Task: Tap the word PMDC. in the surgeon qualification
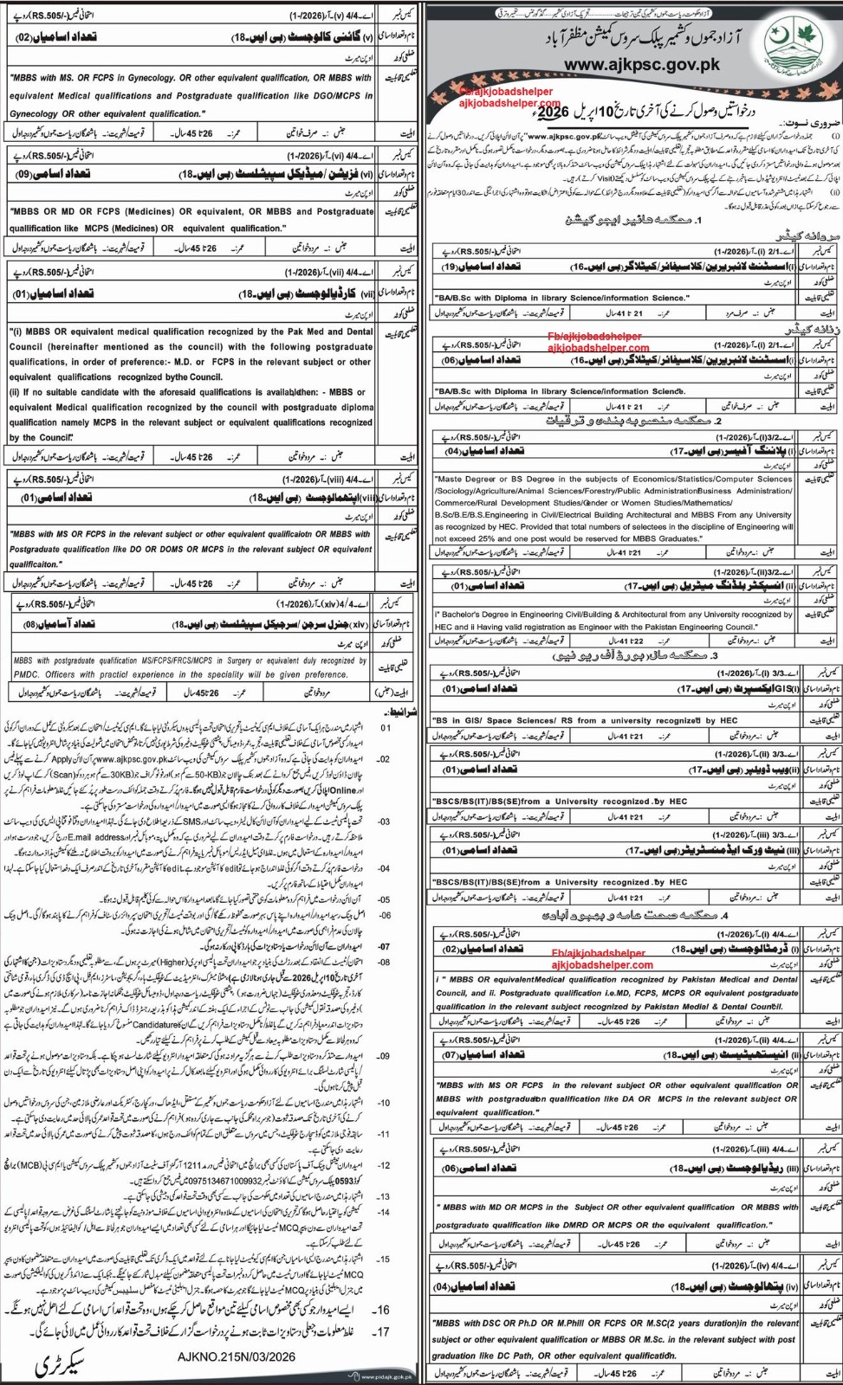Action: click(31, 674)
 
